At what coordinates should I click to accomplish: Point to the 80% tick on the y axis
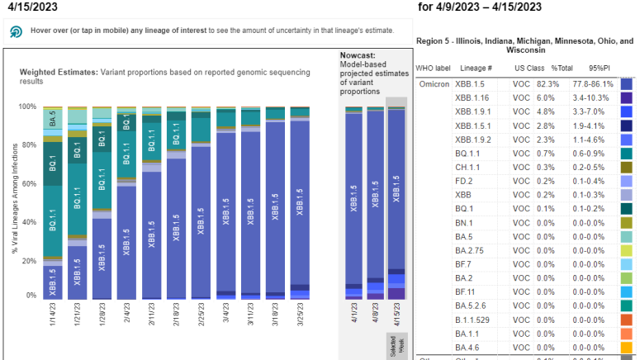(x=30, y=145)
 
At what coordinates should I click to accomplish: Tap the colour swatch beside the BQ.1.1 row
(x=627, y=154)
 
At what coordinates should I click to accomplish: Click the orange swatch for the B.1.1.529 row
(x=627, y=320)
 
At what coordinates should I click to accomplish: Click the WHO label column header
(x=433, y=67)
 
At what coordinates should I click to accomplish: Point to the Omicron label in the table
(x=433, y=83)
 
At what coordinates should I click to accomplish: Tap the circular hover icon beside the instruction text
(x=16, y=31)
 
